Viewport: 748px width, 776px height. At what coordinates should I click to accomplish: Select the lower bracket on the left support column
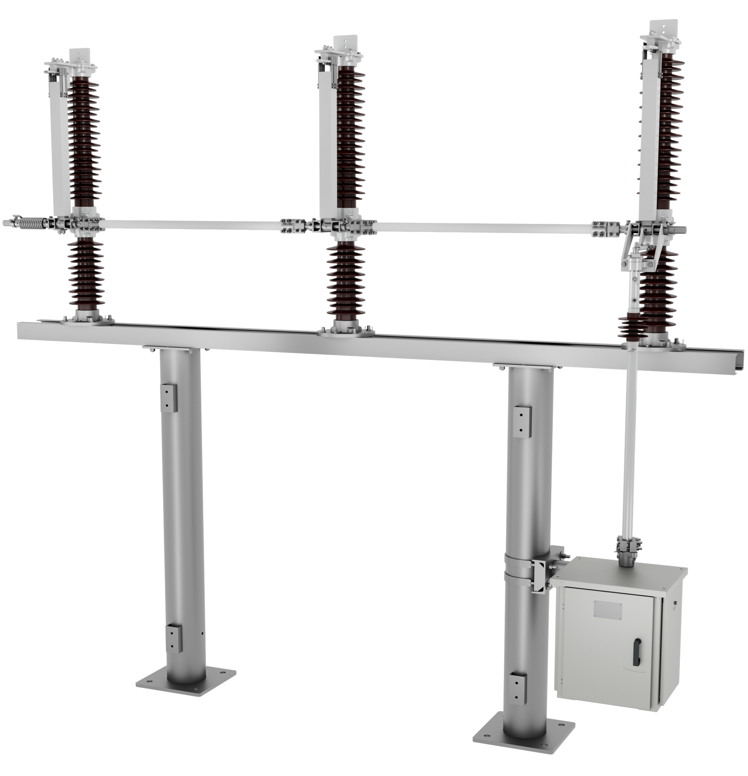[174, 638]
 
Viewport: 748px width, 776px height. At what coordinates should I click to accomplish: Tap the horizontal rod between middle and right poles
[483, 228]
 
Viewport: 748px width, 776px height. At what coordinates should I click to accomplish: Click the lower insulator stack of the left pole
[86, 273]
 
